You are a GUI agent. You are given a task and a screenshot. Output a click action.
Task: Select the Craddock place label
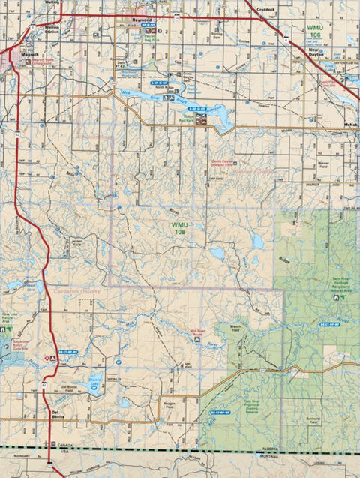[265, 10]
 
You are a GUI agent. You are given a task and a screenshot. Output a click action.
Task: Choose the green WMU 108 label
[181, 228]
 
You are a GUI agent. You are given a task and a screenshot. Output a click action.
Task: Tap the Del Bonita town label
[59, 414]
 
